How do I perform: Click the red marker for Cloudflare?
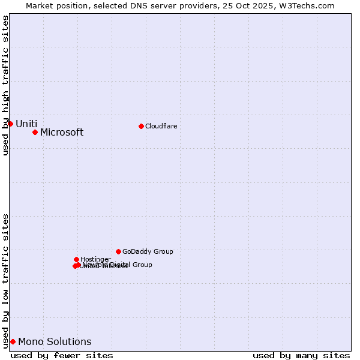141,126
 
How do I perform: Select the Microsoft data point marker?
35,132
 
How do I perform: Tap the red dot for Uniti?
10,124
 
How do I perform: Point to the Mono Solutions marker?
13,341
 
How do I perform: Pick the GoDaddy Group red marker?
118,251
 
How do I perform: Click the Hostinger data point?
76,259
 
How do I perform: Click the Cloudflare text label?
161,126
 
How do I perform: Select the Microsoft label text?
62,133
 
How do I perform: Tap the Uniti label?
26,124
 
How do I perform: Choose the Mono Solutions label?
55,342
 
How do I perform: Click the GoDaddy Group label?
148,251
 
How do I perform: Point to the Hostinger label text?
95,259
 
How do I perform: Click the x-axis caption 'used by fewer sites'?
62,355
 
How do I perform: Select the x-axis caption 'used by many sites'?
301,355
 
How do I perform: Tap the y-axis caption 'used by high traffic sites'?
5,85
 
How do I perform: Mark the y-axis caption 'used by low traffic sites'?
5,281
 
